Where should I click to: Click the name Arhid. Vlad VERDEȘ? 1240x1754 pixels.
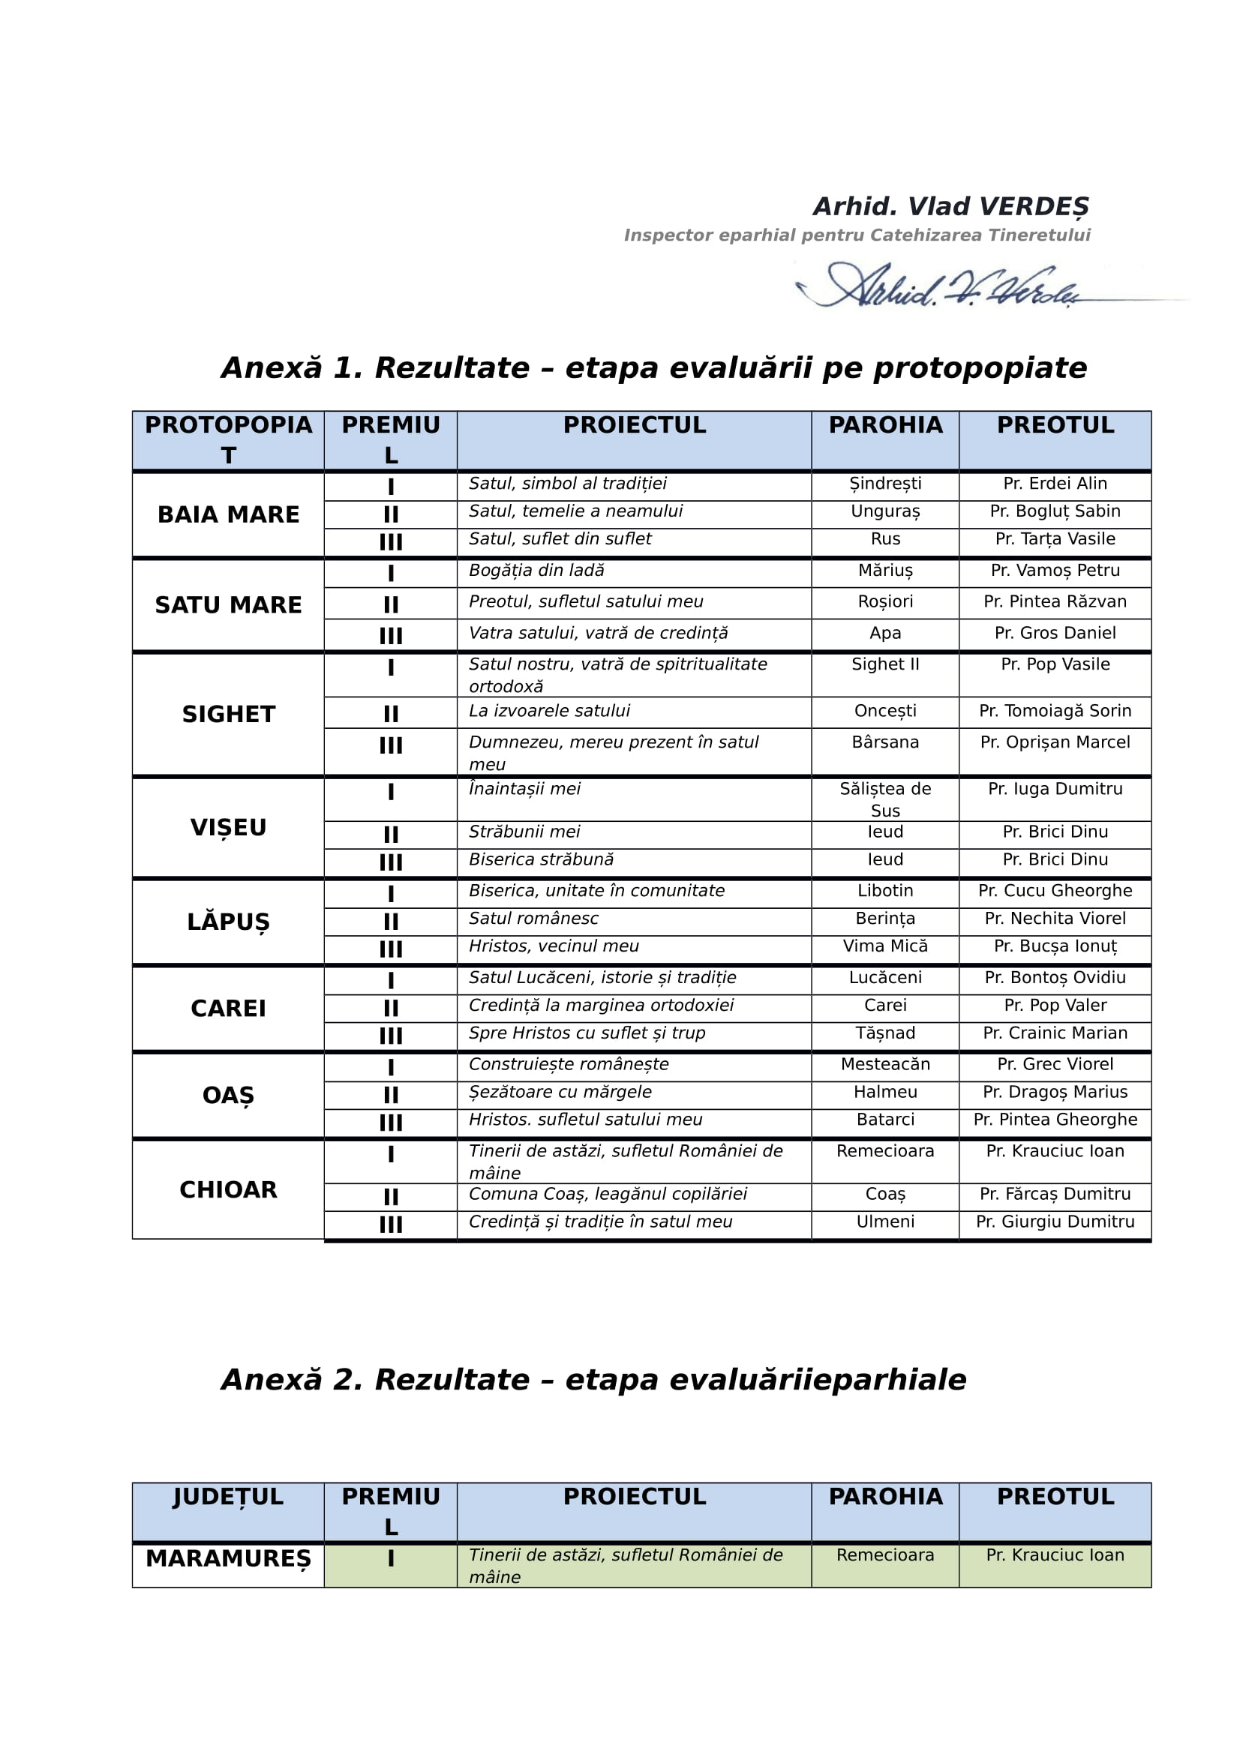pos(950,206)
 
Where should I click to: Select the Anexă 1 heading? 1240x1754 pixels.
pos(653,368)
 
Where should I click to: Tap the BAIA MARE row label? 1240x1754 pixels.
pos(228,515)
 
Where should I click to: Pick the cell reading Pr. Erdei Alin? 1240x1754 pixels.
pos(1055,484)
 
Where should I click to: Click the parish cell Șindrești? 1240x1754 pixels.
pos(884,484)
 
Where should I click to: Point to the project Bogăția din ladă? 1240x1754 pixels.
pos(536,571)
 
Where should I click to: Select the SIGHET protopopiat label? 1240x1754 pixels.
pos(228,715)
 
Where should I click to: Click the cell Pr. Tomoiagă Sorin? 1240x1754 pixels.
pos(1055,711)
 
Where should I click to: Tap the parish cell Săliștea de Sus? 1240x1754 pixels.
pos(884,799)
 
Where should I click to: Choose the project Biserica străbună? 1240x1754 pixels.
pos(541,859)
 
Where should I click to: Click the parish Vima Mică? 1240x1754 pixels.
pos(884,946)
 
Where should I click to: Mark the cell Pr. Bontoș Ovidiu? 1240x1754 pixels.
pos(1055,977)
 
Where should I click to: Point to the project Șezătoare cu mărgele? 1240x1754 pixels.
pos(560,1092)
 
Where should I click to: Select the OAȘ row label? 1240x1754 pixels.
pos(228,1096)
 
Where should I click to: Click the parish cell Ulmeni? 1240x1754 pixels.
pos(884,1222)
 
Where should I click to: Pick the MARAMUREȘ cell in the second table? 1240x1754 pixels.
pos(228,1558)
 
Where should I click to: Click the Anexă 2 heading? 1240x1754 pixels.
pos(593,1380)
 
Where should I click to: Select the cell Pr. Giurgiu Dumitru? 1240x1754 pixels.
pos(1055,1222)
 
